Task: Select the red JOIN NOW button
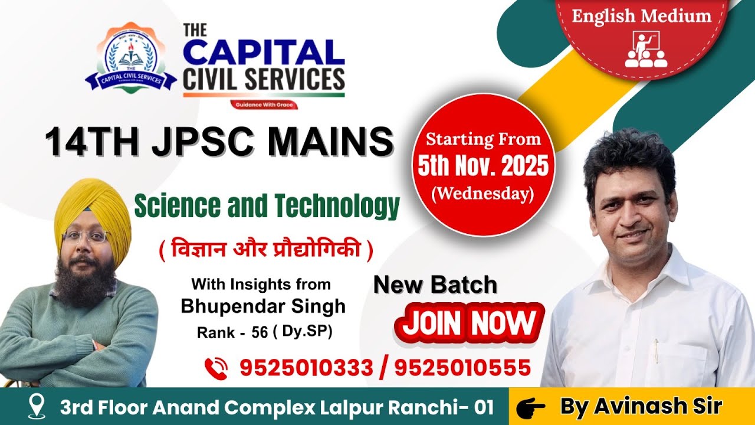(x=469, y=323)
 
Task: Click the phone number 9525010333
(x=306, y=368)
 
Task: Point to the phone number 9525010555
(x=462, y=368)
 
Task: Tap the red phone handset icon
(x=216, y=368)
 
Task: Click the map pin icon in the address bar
(x=38, y=407)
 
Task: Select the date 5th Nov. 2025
(x=483, y=167)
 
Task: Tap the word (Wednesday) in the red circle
(x=483, y=194)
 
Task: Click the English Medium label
(x=641, y=16)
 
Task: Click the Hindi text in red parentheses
(x=266, y=251)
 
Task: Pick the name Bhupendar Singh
(x=263, y=306)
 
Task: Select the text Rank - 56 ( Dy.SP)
(x=265, y=332)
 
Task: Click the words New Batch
(x=435, y=285)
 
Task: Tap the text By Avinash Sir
(x=640, y=407)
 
